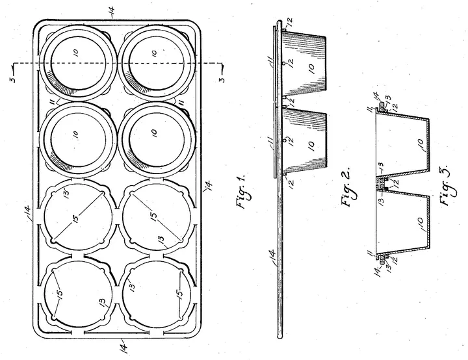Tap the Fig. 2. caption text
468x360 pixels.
[x=348, y=185]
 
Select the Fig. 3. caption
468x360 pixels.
[x=446, y=185]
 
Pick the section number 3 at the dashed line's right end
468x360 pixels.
[x=222, y=80]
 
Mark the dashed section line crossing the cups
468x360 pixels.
[x=118, y=63]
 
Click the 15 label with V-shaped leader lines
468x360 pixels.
[x=60, y=293]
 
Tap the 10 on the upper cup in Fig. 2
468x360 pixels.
[x=311, y=69]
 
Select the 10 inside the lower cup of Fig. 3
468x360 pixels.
[x=420, y=223]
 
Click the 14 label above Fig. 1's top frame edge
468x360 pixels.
[x=111, y=10]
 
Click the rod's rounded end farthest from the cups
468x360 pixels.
[x=279, y=335]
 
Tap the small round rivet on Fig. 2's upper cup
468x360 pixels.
[x=284, y=63]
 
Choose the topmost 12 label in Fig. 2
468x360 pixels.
[x=289, y=22]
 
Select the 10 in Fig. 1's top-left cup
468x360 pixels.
[x=76, y=53]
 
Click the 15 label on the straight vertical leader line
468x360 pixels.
[x=179, y=293]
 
